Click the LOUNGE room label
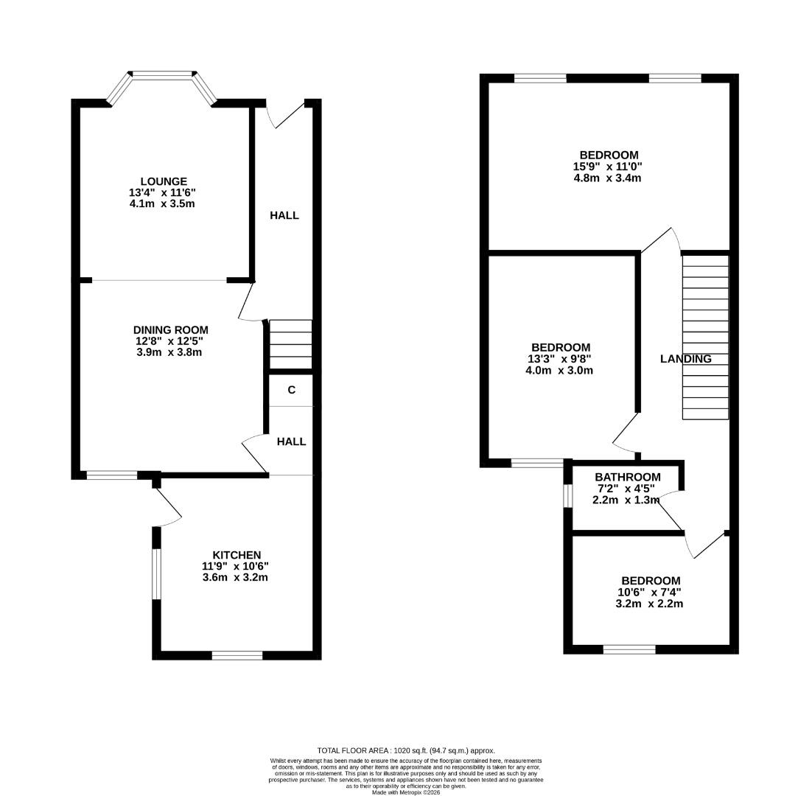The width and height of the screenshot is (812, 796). click(x=164, y=181)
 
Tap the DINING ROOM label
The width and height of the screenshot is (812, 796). click(x=170, y=329)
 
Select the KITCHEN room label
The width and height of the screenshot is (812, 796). click(x=237, y=555)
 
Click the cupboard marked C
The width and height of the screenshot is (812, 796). click(x=291, y=390)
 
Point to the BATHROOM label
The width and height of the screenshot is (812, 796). click(x=628, y=477)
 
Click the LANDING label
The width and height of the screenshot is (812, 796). click(x=685, y=359)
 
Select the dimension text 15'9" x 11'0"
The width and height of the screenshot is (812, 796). click(x=609, y=167)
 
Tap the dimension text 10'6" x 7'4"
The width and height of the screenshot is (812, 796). click(x=650, y=592)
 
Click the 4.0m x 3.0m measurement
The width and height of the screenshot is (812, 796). click(x=559, y=370)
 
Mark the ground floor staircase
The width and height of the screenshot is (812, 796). click(x=290, y=343)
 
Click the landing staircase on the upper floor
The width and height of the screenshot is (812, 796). click(x=705, y=337)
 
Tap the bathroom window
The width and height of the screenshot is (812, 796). click(x=568, y=495)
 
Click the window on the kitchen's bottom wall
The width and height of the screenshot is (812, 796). click(x=237, y=654)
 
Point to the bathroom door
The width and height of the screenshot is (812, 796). click(x=671, y=512)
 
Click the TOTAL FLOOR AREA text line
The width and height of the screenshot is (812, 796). click(x=406, y=750)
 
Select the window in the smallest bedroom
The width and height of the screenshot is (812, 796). click(x=629, y=649)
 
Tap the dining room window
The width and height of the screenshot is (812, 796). click(x=112, y=475)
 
